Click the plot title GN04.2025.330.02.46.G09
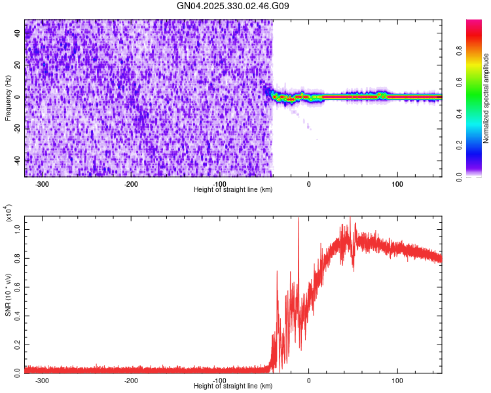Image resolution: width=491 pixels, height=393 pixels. tap(232, 6)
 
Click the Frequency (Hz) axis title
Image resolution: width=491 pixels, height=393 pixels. tap(8, 98)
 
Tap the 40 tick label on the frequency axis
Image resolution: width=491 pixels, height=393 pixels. tap(17, 33)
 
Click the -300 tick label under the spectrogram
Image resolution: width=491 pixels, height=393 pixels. tap(42, 184)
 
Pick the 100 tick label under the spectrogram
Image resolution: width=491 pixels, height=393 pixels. tap(397, 184)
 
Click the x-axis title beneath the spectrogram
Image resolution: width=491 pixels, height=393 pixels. tap(233, 189)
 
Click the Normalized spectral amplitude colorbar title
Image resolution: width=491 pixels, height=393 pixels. tap(486, 98)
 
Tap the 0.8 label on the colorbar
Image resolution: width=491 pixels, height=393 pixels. tap(459, 51)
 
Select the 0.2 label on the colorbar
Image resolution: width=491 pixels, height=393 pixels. tap(459, 145)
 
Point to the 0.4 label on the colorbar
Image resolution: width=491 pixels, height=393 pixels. tap(459, 114)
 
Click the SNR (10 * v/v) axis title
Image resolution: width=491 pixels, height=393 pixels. tap(8, 295)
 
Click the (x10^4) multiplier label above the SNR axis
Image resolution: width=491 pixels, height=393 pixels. tap(9, 213)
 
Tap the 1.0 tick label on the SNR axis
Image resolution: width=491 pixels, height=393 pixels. tap(17, 230)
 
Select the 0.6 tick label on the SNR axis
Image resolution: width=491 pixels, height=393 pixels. tap(17, 287)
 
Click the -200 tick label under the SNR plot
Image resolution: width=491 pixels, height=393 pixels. tap(131, 381)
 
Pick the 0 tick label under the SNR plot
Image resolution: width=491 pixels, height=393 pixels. tap(309, 381)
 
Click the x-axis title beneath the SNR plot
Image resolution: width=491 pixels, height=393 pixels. tap(233, 386)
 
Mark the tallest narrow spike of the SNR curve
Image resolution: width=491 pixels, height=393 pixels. tap(299, 218)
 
